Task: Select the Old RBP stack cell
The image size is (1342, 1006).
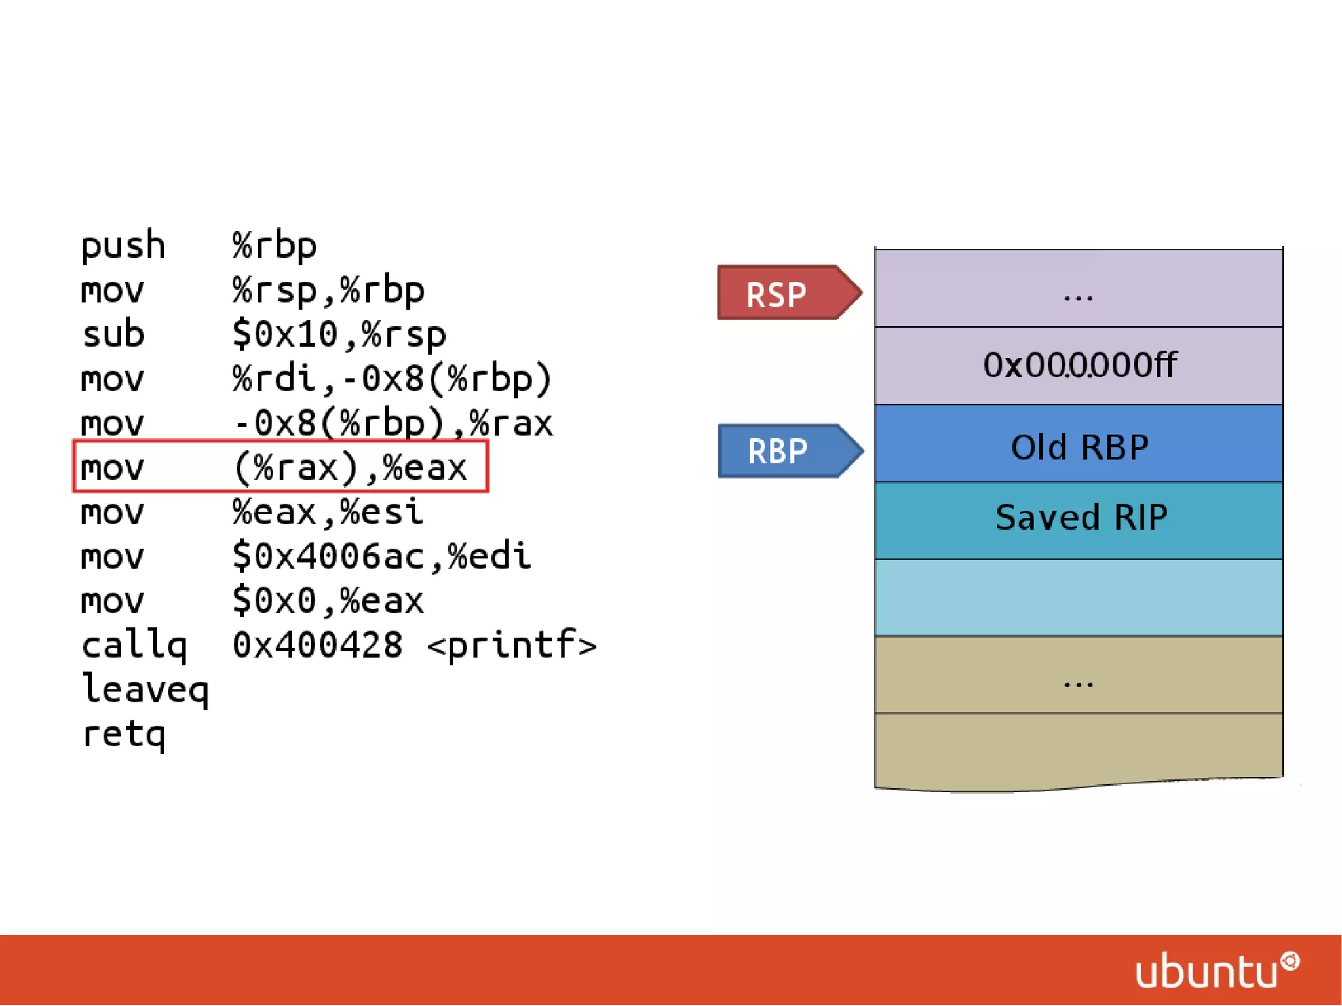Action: [1079, 444]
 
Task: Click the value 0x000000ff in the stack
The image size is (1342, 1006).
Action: [1079, 365]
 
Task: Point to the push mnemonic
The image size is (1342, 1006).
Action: [123, 246]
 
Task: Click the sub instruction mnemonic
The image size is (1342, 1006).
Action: [113, 334]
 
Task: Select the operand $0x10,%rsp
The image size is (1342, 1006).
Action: [338, 334]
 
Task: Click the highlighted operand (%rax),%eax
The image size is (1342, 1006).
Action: [350, 467]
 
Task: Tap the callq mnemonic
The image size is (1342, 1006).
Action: [134, 645]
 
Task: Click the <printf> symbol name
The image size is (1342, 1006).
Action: [512, 645]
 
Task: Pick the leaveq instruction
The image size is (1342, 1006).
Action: [145, 689]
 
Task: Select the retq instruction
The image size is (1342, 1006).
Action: [123, 734]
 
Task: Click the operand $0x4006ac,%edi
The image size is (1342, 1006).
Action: [381, 556]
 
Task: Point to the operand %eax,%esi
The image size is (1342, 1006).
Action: [327, 512]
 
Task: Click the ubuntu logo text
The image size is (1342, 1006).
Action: [1206, 971]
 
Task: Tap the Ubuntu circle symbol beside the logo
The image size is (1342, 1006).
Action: [1290, 961]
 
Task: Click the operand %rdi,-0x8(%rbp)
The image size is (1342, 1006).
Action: [391, 379]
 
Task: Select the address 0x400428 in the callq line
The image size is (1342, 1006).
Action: [317, 645]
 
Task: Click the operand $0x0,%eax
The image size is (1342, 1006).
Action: [327, 601]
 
